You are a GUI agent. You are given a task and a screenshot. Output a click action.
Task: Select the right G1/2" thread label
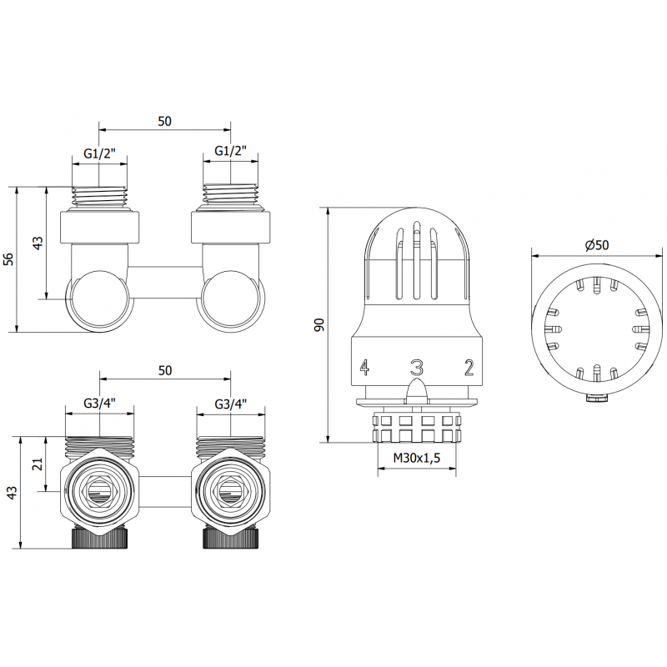point(231,152)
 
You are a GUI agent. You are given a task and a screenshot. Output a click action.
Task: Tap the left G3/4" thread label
point(99,404)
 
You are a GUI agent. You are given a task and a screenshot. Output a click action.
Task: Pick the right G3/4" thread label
point(231,404)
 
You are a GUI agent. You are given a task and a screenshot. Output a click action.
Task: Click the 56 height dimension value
point(9,259)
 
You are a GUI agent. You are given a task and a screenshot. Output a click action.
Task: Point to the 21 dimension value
point(36,464)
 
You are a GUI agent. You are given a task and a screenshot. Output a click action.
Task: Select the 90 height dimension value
point(318,324)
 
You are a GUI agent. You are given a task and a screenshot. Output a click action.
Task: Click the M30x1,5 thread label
point(417,459)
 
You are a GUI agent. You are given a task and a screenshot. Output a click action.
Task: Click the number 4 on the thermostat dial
point(364,367)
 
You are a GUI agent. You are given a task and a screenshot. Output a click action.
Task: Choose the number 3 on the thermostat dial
point(417,367)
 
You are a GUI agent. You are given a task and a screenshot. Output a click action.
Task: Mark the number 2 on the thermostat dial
point(469,367)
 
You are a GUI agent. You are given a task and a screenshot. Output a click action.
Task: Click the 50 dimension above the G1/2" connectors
point(164,121)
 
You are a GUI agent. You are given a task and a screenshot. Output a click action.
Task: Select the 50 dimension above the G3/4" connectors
point(164,373)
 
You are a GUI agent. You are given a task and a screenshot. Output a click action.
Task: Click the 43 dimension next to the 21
point(11,493)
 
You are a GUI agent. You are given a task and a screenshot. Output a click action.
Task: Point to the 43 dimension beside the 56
point(37,243)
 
